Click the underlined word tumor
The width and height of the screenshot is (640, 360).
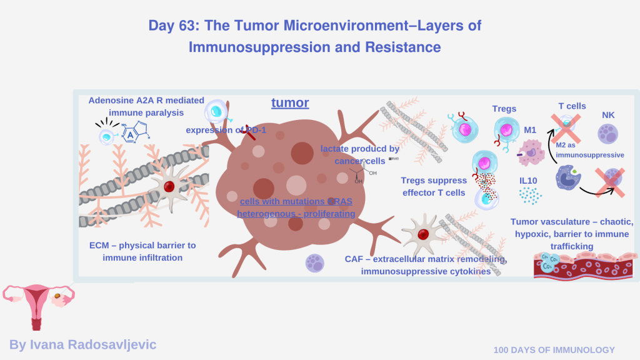(x=290, y=102)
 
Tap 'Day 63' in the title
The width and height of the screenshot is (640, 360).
(x=172, y=26)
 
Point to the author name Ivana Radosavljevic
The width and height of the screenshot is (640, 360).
(x=83, y=344)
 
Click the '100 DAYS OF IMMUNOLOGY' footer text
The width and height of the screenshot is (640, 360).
(x=554, y=350)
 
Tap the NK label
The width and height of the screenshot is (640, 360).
(x=608, y=115)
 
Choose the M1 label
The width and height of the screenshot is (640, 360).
(x=531, y=130)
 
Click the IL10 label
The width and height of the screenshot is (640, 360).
(x=529, y=181)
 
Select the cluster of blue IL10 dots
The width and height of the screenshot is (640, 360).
(x=530, y=196)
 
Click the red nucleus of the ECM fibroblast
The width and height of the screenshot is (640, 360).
(x=169, y=186)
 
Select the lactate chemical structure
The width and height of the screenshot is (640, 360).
(x=358, y=172)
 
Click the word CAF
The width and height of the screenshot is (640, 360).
(x=355, y=259)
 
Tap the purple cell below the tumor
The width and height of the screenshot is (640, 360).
(x=315, y=262)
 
